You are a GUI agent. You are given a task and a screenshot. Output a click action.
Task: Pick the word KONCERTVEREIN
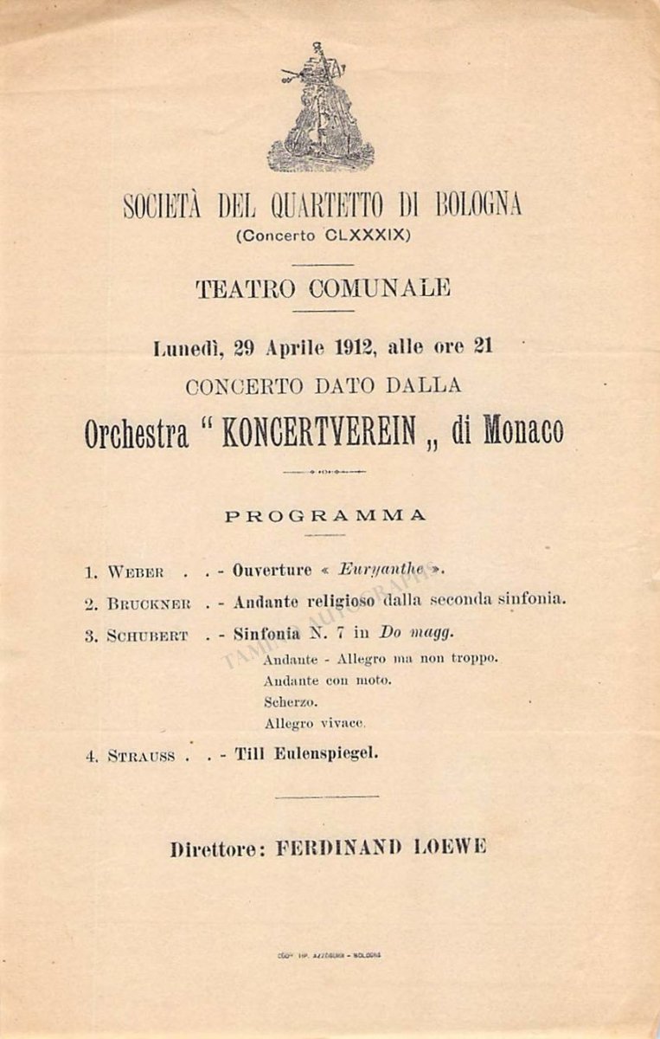318,432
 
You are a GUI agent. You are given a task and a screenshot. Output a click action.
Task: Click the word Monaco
522,432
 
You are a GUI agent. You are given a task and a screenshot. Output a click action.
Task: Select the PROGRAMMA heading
325,515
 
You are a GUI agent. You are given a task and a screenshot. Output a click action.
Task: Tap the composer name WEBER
136,572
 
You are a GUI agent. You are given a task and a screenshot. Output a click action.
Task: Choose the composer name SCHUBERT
147,636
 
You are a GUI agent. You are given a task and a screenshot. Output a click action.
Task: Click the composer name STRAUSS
141,756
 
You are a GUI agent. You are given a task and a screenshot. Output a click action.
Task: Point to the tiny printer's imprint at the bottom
328,955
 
